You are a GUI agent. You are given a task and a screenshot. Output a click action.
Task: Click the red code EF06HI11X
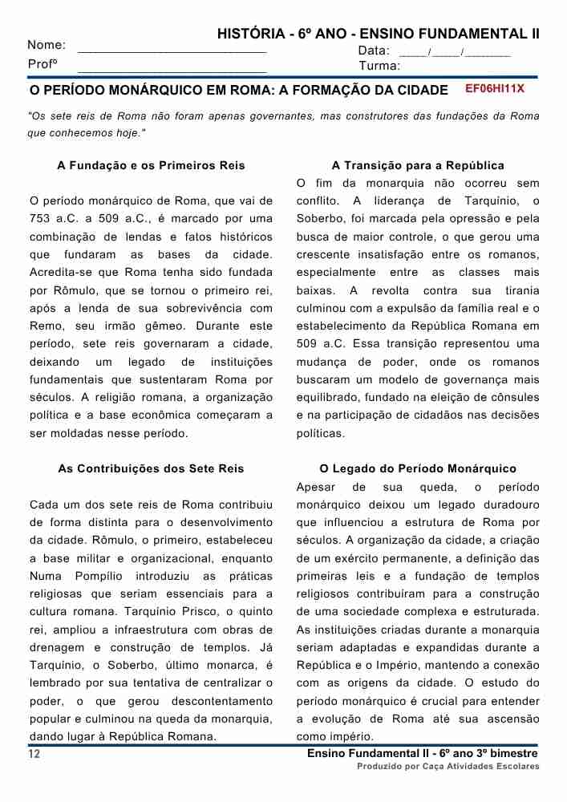click(x=495, y=89)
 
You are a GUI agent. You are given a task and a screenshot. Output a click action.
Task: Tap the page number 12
click(x=34, y=754)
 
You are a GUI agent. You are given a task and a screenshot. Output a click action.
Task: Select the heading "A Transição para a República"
click(x=418, y=166)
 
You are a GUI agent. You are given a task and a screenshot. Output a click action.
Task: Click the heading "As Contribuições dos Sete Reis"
click(x=152, y=469)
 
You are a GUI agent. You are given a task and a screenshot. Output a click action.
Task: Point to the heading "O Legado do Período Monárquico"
click(x=418, y=469)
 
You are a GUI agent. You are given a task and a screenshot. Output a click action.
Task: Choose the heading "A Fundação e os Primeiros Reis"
click(x=152, y=166)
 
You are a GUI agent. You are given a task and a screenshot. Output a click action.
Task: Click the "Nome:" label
click(x=47, y=45)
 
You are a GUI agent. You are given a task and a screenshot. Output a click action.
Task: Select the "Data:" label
click(x=374, y=51)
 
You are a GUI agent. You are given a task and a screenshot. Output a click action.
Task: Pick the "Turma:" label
click(x=379, y=66)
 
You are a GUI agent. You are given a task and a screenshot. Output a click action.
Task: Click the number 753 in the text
click(x=40, y=219)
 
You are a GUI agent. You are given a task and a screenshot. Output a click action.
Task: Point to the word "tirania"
click(x=522, y=290)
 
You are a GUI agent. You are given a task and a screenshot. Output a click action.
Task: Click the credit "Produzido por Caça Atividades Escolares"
click(x=448, y=768)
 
